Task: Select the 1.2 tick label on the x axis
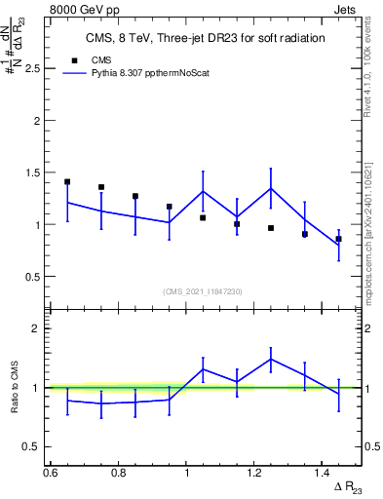point(255,472)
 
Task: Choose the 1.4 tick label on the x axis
point(324,472)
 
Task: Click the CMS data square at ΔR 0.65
point(67,182)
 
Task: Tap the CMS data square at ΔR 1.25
point(271,228)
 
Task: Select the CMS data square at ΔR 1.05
point(203,217)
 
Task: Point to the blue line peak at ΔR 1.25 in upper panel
point(271,188)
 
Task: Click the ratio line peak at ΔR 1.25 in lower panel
point(271,359)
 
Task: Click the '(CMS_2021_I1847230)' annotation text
point(202,290)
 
